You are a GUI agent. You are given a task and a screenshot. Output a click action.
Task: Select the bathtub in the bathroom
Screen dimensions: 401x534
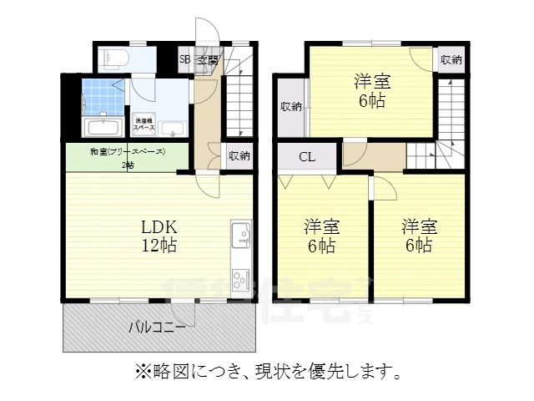click(103, 128)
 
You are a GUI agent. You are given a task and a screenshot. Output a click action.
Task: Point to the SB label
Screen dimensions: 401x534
click(185, 59)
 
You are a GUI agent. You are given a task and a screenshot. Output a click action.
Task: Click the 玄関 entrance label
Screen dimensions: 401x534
click(208, 59)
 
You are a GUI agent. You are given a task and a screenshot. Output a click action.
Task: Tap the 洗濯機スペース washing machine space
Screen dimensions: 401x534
click(143, 124)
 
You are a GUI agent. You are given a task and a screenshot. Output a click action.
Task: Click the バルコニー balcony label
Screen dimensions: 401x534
click(157, 327)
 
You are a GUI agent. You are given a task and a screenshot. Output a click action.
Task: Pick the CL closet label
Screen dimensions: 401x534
click(307, 156)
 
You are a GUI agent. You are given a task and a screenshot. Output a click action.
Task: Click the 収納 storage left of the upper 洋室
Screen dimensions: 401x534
click(291, 106)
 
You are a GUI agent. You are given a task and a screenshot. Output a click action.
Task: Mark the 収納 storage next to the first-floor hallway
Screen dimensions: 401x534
click(239, 155)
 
